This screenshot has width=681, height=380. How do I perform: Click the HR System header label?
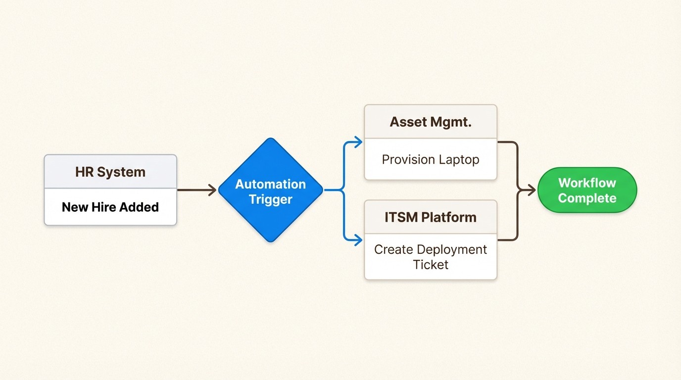(x=110, y=172)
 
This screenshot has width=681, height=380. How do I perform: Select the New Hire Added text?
(x=110, y=207)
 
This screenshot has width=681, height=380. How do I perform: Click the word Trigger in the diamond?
(x=271, y=199)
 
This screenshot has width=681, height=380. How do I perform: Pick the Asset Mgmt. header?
(x=431, y=122)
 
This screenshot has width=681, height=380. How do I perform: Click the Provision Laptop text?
(x=431, y=160)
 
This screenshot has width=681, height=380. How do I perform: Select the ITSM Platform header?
(x=431, y=217)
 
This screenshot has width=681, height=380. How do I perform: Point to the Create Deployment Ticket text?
(x=431, y=257)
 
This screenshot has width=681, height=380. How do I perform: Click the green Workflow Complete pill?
(x=587, y=190)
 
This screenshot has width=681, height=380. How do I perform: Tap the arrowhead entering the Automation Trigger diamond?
(x=213, y=190)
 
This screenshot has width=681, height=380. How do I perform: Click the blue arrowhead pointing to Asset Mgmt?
(x=359, y=143)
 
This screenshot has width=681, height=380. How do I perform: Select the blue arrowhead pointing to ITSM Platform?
(x=359, y=240)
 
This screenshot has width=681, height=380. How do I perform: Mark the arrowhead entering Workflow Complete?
(x=532, y=190)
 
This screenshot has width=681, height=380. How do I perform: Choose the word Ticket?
(x=431, y=265)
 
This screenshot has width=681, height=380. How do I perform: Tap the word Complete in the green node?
(x=587, y=198)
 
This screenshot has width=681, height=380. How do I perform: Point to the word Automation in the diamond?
(x=270, y=184)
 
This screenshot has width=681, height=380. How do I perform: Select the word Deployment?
(x=451, y=249)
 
